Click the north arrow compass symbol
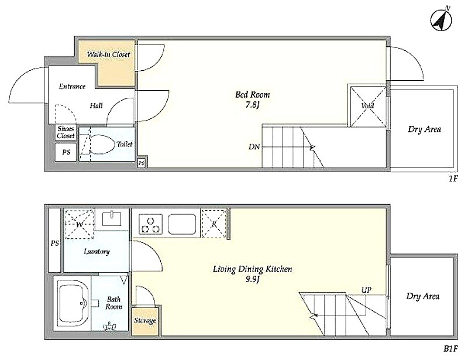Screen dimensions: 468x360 click(x=441, y=20)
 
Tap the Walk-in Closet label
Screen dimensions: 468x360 click(x=108, y=54)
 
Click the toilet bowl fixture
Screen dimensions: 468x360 click(x=102, y=145)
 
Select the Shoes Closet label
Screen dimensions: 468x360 click(x=66, y=132)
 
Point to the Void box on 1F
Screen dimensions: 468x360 click(x=368, y=106)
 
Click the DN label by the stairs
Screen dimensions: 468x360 click(x=254, y=147)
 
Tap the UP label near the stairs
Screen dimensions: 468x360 click(x=366, y=290)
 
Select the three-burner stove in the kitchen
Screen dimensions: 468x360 click(x=150, y=224)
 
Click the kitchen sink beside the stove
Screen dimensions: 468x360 click(x=182, y=224)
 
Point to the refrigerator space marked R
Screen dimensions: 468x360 click(x=214, y=224)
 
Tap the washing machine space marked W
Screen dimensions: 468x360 click(x=80, y=224)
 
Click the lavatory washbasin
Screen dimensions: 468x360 click(x=112, y=218)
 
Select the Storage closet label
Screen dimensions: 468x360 click(x=144, y=321)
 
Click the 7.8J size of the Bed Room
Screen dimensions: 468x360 click(x=252, y=105)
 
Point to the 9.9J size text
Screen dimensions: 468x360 click(x=252, y=280)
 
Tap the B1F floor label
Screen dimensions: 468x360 click(x=450, y=349)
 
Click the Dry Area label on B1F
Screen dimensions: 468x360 click(x=422, y=296)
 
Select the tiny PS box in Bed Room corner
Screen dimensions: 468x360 click(x=142, y=163)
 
